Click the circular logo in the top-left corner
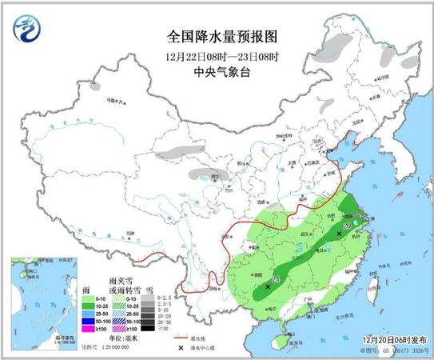[x=25, y=30]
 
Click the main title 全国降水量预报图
[x=215, y=36]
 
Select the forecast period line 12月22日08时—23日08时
[x=216, y=56]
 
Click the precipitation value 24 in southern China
[x=275, y=278]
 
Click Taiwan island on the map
[x=372, y=282]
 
